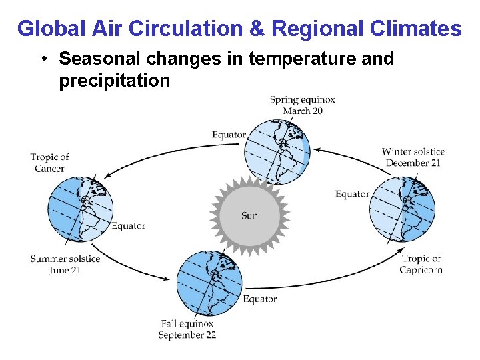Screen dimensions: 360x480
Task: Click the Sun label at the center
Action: [249, 215]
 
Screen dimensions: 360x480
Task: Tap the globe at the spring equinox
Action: [277, 151]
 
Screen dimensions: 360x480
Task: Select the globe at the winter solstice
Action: [402, 209]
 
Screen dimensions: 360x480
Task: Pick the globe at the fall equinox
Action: [209, 283]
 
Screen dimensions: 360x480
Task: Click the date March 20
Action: [303, 111]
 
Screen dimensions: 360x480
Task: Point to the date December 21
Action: [413, 163]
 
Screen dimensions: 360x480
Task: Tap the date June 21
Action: [65, 270]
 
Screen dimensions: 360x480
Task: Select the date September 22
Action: [187, 335]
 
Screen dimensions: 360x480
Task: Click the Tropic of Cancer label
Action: [49, 163]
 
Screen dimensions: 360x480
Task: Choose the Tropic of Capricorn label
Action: [421, 264]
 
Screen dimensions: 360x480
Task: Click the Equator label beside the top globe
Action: [229, 135]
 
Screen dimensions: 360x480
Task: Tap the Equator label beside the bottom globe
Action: [259, 299]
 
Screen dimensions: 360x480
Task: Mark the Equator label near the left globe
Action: [128, 226]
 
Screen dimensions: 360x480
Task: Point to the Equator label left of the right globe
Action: [352, 194]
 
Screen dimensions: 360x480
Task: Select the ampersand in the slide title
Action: [260, 29]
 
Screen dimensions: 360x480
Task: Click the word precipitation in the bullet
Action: [115, 81]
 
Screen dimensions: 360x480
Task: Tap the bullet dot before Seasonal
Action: [43, 59]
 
